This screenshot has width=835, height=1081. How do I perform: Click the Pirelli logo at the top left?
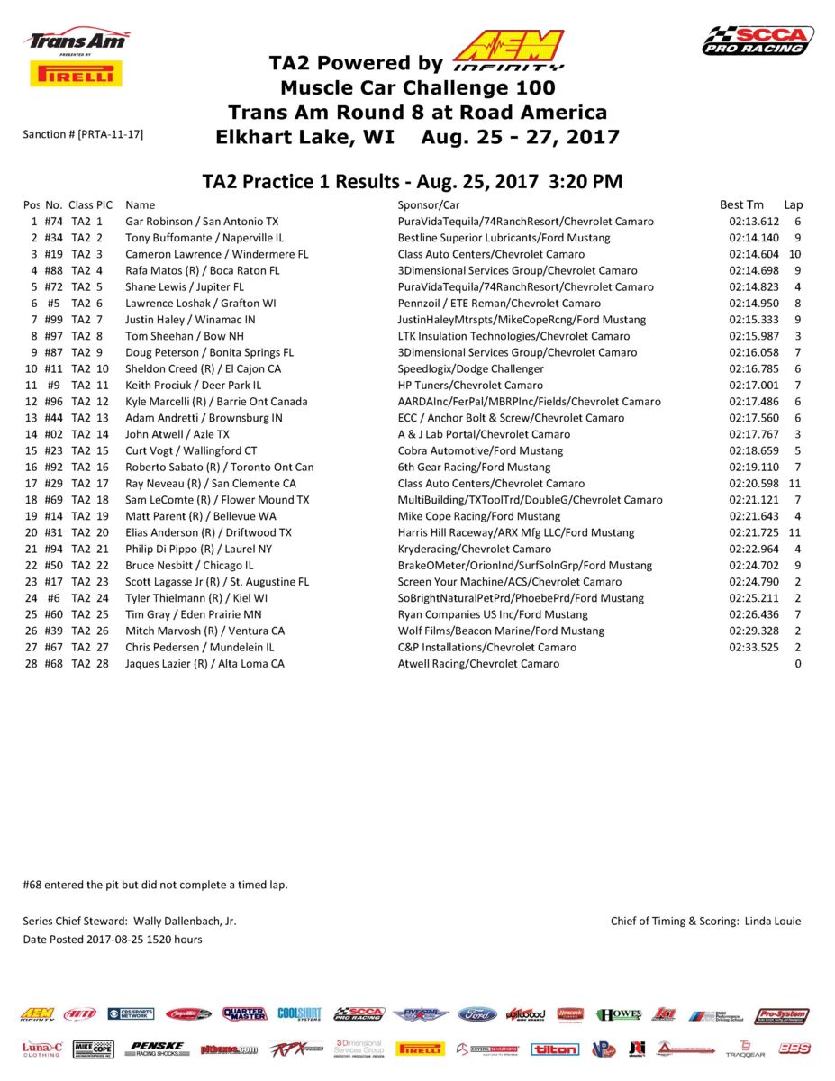(x=76, y=74)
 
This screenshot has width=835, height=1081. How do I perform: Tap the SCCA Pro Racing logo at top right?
(x=758, y=41)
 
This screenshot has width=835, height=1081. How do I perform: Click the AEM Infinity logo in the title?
(x=509, y=50)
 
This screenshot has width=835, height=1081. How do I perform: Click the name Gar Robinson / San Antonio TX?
(x=202, y=222)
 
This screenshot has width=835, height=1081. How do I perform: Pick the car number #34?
(x=53, y=238)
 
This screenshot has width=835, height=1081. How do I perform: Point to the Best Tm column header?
(x=741, y=204)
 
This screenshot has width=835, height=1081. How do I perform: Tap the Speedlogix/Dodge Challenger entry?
(x=470, y=368)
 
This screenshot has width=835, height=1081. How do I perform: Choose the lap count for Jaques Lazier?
(x=797, y=664)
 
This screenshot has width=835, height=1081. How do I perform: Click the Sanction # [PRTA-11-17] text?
(x=83, y=134)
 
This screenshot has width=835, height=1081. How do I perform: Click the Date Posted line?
(x=113, y=940)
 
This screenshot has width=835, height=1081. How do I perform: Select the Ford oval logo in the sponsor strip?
(x=477, y=1014)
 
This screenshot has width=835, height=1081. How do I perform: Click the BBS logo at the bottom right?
(x=794, y=1049)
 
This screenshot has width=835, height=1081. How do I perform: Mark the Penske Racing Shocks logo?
(x=157, y=1049)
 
